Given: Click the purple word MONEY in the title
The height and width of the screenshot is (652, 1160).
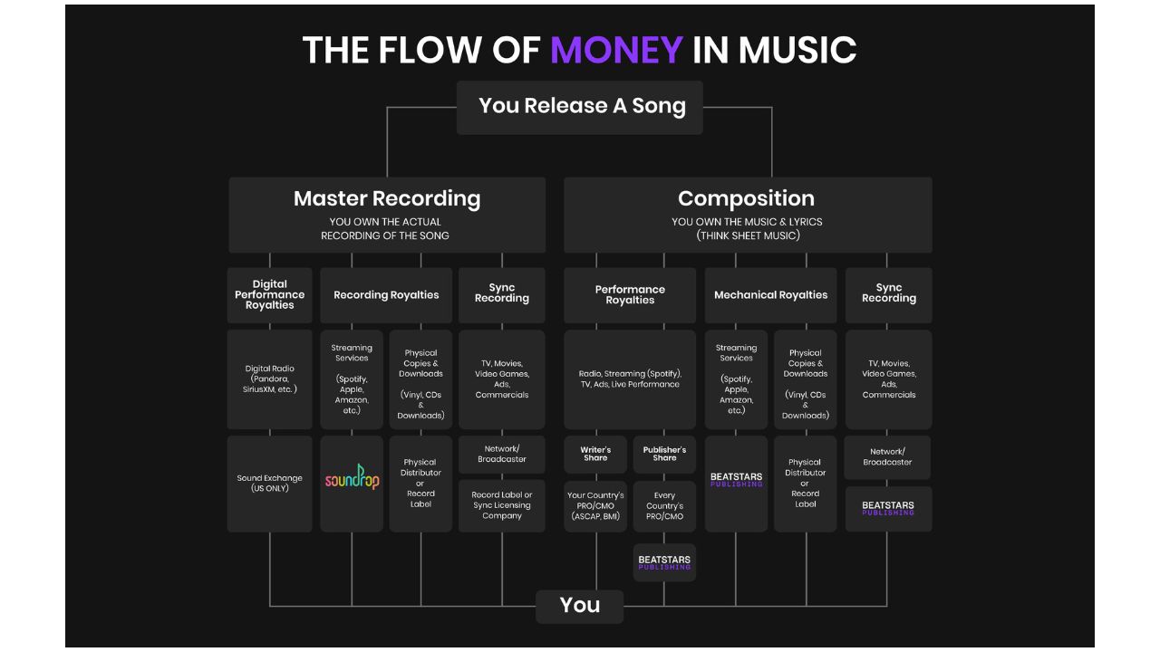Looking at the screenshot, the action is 616,50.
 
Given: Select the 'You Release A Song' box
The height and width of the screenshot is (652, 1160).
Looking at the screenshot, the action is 580,107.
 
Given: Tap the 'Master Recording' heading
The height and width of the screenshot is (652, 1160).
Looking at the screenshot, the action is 387,198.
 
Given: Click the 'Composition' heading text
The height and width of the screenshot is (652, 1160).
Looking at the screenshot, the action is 746,198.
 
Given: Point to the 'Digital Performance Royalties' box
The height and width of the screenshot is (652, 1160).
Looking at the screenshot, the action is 270,295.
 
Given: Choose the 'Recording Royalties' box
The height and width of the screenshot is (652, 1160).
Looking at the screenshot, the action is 386,295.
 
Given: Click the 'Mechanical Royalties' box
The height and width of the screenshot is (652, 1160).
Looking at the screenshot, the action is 770,295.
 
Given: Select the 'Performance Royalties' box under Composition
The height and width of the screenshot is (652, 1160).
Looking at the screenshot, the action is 630,295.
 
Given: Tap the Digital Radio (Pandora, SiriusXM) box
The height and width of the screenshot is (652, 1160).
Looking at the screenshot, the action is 270,379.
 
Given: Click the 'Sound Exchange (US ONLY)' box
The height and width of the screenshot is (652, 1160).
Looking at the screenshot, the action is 270,484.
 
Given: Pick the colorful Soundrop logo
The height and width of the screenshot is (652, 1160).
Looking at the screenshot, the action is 352,477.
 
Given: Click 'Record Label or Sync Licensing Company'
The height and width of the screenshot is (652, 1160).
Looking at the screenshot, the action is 502,505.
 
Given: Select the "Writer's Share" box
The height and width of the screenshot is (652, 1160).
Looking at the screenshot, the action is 595,454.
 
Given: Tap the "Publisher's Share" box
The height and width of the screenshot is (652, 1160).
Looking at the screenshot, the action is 664,454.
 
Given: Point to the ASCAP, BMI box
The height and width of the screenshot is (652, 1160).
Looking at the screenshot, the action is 595,506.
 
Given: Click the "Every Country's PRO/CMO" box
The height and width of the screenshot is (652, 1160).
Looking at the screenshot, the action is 664,506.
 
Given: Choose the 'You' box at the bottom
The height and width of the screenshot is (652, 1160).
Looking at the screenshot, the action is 580,606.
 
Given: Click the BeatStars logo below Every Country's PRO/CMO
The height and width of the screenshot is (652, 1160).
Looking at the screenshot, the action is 664,562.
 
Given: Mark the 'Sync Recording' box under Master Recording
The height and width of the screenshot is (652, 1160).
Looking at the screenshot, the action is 502,295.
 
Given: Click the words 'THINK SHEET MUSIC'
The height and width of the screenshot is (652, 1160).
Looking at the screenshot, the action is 748,235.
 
